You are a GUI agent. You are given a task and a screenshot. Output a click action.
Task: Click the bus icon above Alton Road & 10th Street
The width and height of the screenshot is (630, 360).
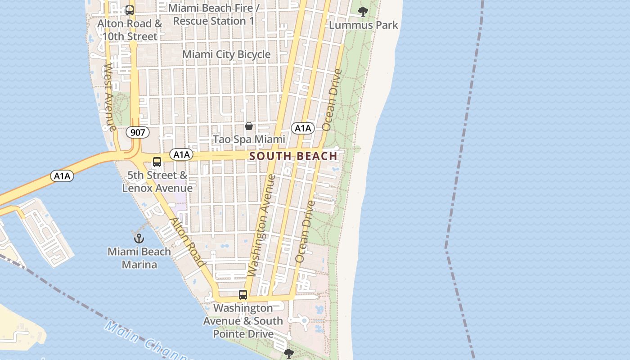(130, 10)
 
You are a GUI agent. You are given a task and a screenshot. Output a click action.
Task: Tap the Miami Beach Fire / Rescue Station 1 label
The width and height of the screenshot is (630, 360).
(213, 14)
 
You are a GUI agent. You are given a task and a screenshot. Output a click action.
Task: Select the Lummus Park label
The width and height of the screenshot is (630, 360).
(364, 25)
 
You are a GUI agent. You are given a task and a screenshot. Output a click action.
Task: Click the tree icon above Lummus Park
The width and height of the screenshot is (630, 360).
(363, 12)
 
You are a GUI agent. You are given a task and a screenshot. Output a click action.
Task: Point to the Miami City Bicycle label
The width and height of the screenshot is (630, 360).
(226, 54)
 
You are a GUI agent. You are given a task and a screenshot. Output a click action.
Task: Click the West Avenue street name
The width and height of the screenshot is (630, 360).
(109, 97)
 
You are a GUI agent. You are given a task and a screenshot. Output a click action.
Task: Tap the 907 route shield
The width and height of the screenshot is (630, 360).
(137, 132)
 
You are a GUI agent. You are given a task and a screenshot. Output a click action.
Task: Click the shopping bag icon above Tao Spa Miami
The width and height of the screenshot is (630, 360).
(249, 126)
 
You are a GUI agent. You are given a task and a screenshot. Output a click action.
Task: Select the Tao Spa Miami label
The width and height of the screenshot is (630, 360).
(249, 139)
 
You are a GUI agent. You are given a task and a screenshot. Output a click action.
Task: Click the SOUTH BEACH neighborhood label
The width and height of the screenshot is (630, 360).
(293, 156)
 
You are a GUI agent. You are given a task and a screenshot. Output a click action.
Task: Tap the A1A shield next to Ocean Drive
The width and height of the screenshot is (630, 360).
(303, 128)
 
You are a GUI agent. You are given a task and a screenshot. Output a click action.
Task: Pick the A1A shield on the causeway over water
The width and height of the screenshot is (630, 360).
(62, 176)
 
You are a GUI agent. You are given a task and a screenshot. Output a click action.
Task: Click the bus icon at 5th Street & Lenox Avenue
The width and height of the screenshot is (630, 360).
(157, 162)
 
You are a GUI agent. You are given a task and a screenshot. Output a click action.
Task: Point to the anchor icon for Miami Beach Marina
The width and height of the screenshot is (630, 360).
(139, 238)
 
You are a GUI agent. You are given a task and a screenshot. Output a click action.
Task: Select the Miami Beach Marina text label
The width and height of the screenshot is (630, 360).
(139, 258)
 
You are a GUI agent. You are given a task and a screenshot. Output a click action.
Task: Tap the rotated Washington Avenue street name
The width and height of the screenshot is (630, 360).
(262, 225)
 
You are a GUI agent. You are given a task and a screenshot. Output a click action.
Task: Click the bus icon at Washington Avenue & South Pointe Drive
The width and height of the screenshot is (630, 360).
(243, 295)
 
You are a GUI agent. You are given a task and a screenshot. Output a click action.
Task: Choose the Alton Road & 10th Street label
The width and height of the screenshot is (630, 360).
(130, 30)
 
